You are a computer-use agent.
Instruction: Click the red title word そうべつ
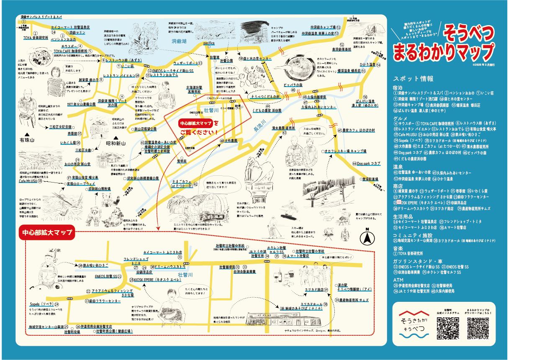[x=469, y=33]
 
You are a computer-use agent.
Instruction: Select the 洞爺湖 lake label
[x=180, y=41]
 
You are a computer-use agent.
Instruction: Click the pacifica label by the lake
[x=208, y=43]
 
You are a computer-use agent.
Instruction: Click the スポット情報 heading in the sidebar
[x=413, y=79]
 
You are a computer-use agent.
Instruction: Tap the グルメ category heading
[x=399, y=118]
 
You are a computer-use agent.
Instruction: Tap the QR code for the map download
[x=478, y=328]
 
